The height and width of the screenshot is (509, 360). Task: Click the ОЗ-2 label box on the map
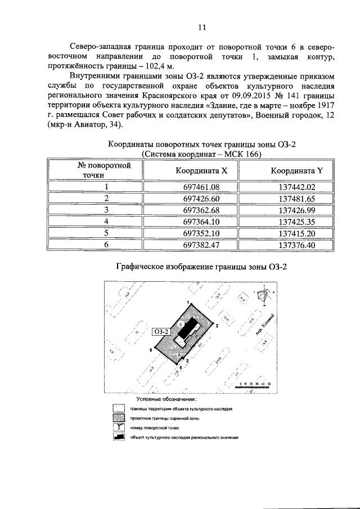click(x=161, y=332)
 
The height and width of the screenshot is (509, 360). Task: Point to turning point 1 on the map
click(x=188, y=304)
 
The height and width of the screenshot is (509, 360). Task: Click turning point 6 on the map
click(x=152, y=350)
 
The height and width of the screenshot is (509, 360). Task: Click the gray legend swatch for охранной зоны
click(x=119, y=418)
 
